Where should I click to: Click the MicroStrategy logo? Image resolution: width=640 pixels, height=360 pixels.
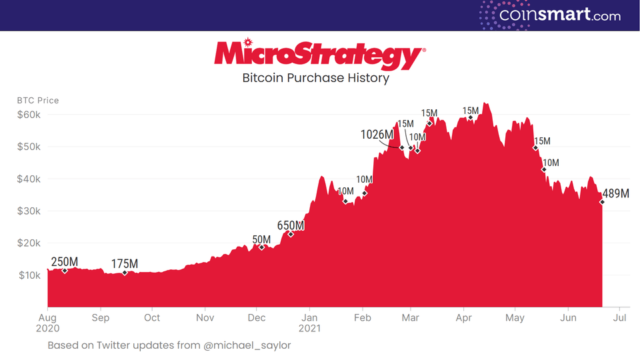click(319, 55)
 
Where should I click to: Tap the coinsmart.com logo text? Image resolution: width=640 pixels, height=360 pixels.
click(560, 15)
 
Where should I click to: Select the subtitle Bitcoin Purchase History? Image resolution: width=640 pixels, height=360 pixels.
click(315, 78)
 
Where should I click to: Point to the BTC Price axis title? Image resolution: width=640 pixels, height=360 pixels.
click(38, 101)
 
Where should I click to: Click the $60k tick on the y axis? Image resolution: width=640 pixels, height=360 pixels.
click(29, 115)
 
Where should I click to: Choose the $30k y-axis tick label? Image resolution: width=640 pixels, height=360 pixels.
click(29, 211)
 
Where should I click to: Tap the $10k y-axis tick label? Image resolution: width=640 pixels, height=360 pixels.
click(29, 275)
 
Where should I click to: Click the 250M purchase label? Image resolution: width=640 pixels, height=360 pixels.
click(65, 261)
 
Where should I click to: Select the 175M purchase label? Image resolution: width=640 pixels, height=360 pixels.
click(125, 264)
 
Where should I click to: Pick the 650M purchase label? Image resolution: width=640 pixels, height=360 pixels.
click(291, 225)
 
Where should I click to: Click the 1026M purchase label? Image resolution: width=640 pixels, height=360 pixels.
click(377, 135)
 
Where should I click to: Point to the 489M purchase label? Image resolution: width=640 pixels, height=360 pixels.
click(615, 194)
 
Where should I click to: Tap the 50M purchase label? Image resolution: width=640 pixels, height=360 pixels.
click(261, 239)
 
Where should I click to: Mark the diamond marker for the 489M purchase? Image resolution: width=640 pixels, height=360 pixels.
click(602, 201)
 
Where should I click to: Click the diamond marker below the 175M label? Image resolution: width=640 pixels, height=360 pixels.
click(125, 273)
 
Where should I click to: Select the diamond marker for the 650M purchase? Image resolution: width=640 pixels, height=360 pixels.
click(291, 234)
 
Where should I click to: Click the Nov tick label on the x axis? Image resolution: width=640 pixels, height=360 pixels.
click(205, 318)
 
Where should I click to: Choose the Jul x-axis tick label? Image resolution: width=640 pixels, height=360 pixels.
click(619, 318)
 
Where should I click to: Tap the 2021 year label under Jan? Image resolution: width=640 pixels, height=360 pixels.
click(309, 329)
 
